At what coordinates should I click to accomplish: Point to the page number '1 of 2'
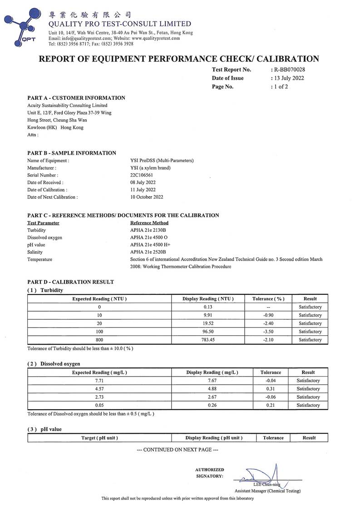[280, 87]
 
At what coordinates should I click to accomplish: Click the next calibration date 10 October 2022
[147, 197]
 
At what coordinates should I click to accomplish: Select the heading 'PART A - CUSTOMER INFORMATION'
[76, 98]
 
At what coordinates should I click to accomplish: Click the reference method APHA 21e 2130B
[148, 230]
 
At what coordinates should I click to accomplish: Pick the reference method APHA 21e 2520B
[148, 252]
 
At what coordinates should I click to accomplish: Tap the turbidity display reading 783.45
[207, 340]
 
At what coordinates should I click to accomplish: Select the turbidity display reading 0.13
[207, 307]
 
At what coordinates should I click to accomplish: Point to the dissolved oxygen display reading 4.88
[212, 389]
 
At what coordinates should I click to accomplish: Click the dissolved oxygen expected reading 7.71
[99, 381]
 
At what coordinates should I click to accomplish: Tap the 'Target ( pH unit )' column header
[99, 438]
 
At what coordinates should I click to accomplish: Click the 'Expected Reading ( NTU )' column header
[99, 299]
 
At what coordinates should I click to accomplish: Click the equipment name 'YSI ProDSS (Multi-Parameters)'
[162, 161]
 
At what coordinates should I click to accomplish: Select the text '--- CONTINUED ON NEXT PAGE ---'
[178, 450]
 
